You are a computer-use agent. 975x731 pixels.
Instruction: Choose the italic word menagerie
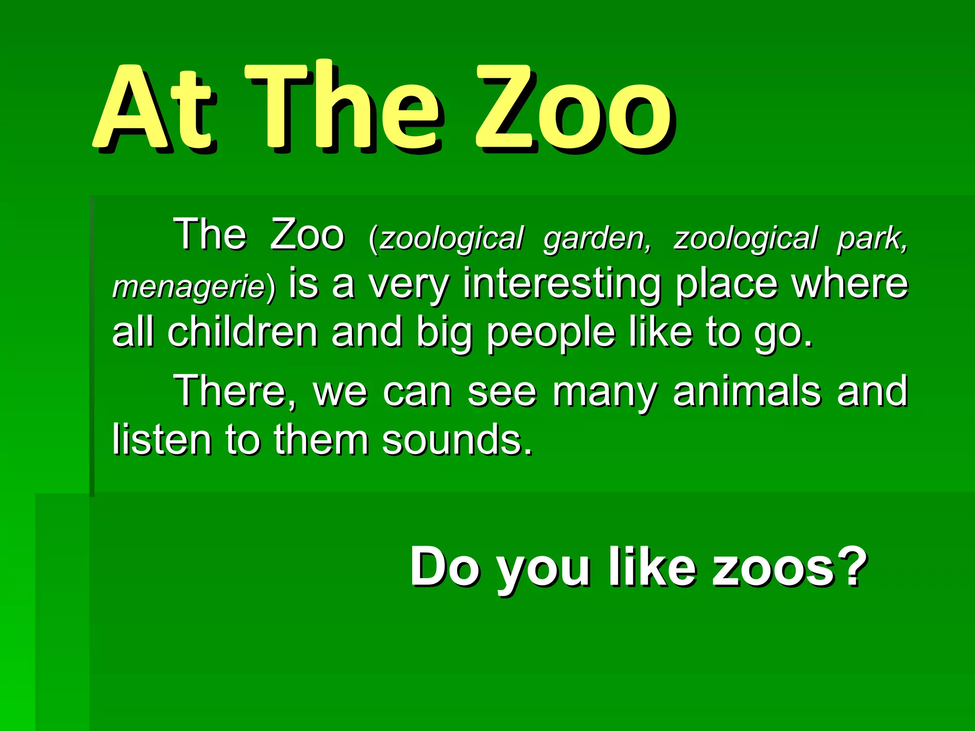point(189,287)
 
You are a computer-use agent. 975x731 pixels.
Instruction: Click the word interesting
point(562,284)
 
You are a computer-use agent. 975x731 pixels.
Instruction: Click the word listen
point(162,439)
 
